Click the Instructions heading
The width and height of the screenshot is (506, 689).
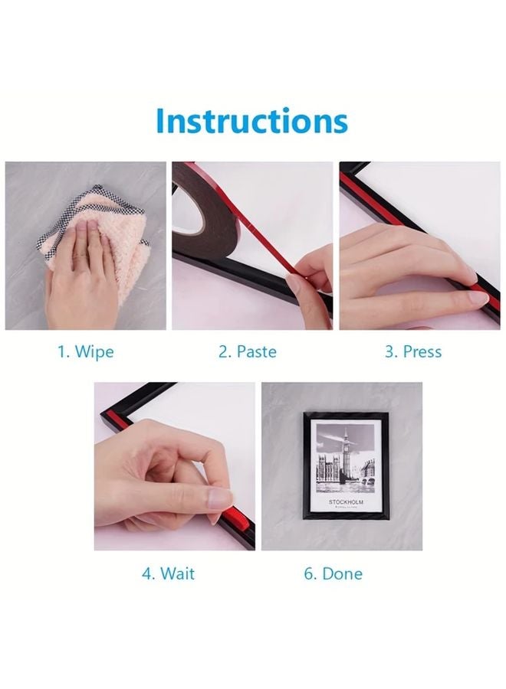tap(251, 121)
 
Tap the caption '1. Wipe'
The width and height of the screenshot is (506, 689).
tap(85, 352)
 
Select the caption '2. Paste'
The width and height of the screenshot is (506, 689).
tap(247, 352)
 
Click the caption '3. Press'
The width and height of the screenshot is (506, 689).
tap(412, 352)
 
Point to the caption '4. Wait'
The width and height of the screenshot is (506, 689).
tap(168, 573)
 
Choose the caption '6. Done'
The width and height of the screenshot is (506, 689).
tap(333, 573)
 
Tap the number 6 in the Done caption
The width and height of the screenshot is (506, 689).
tap(309, 573)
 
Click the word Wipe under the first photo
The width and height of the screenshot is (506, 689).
tap(94, 352)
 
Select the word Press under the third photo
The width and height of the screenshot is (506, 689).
tap(423, 352)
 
